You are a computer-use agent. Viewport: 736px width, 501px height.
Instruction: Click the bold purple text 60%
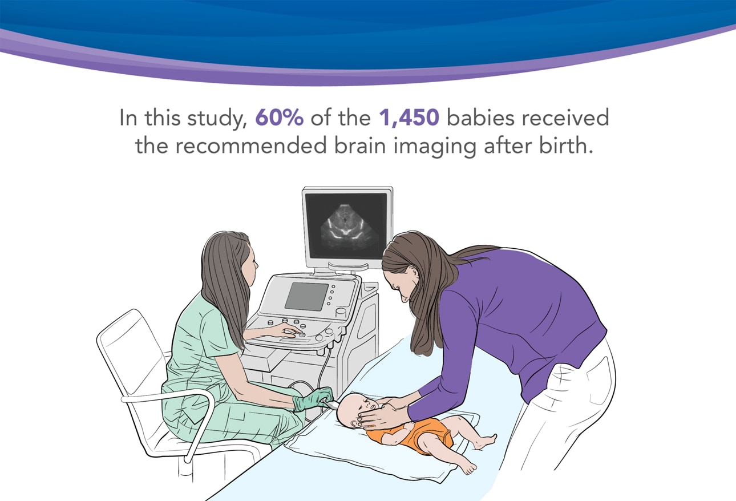(x=280, y=119)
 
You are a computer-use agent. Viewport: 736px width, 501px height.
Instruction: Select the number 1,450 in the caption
(x=409, y=119)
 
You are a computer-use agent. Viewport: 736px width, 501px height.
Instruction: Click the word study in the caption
(x=220, y=119)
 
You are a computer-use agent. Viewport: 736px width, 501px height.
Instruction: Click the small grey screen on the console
(x=306, y=296)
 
